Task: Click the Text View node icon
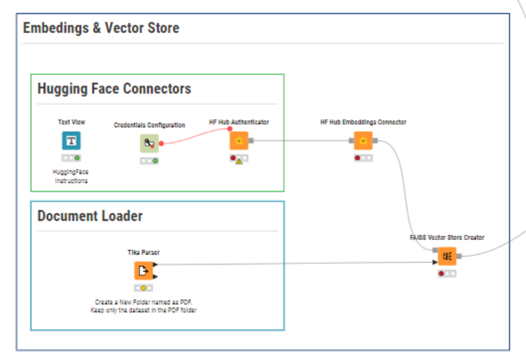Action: [71, 141]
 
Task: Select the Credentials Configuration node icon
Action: [149, 143]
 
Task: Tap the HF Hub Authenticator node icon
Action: [239, 141]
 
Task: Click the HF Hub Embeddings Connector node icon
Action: [363, 141]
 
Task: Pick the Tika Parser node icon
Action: [143, 270]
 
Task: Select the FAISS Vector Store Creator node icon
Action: [447, 256]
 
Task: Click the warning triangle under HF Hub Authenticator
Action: [239, 162]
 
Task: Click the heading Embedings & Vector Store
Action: [101, 28]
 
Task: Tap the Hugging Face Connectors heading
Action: [114, 89]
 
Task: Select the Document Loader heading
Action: [90, 216]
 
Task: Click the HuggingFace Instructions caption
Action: [71, 176]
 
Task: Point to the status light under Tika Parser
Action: [143, 288]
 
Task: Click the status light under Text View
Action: [71, 158]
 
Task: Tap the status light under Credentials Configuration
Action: [149, 161]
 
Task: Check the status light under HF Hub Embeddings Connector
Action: [363, 158]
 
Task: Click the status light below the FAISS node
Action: [447, 274]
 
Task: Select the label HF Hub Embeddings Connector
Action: [363, 122]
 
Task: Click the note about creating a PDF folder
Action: [143, 306]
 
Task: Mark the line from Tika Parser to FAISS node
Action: [295, 263]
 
